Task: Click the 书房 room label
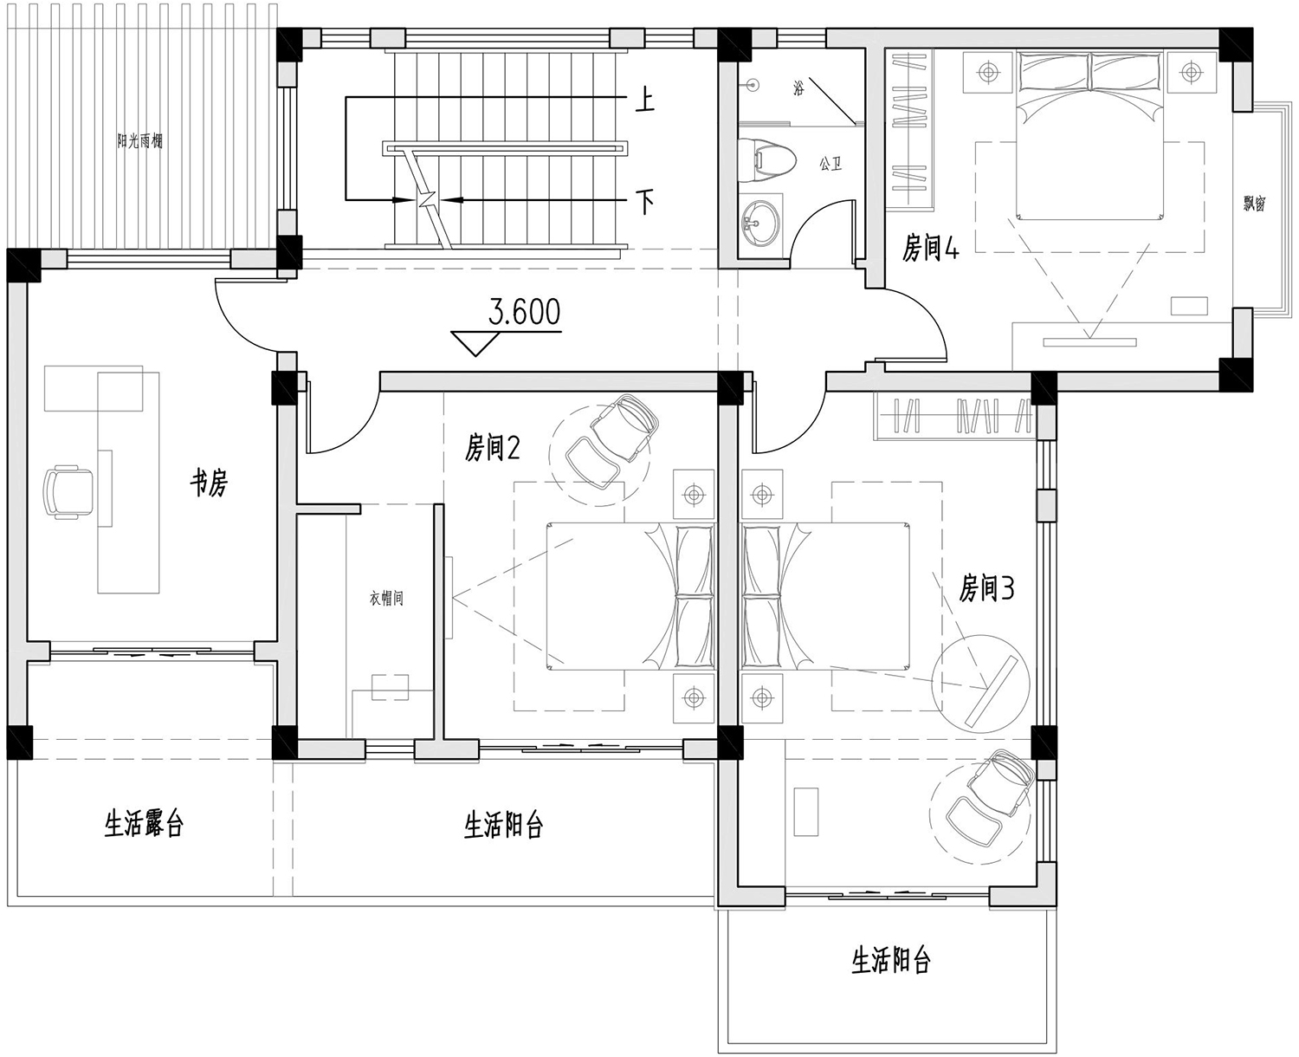point(210,485)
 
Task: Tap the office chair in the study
point(68,491)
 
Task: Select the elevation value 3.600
point(524,312)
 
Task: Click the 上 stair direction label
point(644,101)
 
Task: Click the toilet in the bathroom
point(766,160)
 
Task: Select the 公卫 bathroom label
point(830,164)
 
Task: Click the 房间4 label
point(931,250)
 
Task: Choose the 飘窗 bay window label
point(1255,203)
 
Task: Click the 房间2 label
point(492,448)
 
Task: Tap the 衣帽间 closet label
point(386,599)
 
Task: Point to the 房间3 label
point(986,589)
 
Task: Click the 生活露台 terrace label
point(144,825)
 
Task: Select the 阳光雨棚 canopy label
point(139,142)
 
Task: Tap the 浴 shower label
point(799,89)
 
